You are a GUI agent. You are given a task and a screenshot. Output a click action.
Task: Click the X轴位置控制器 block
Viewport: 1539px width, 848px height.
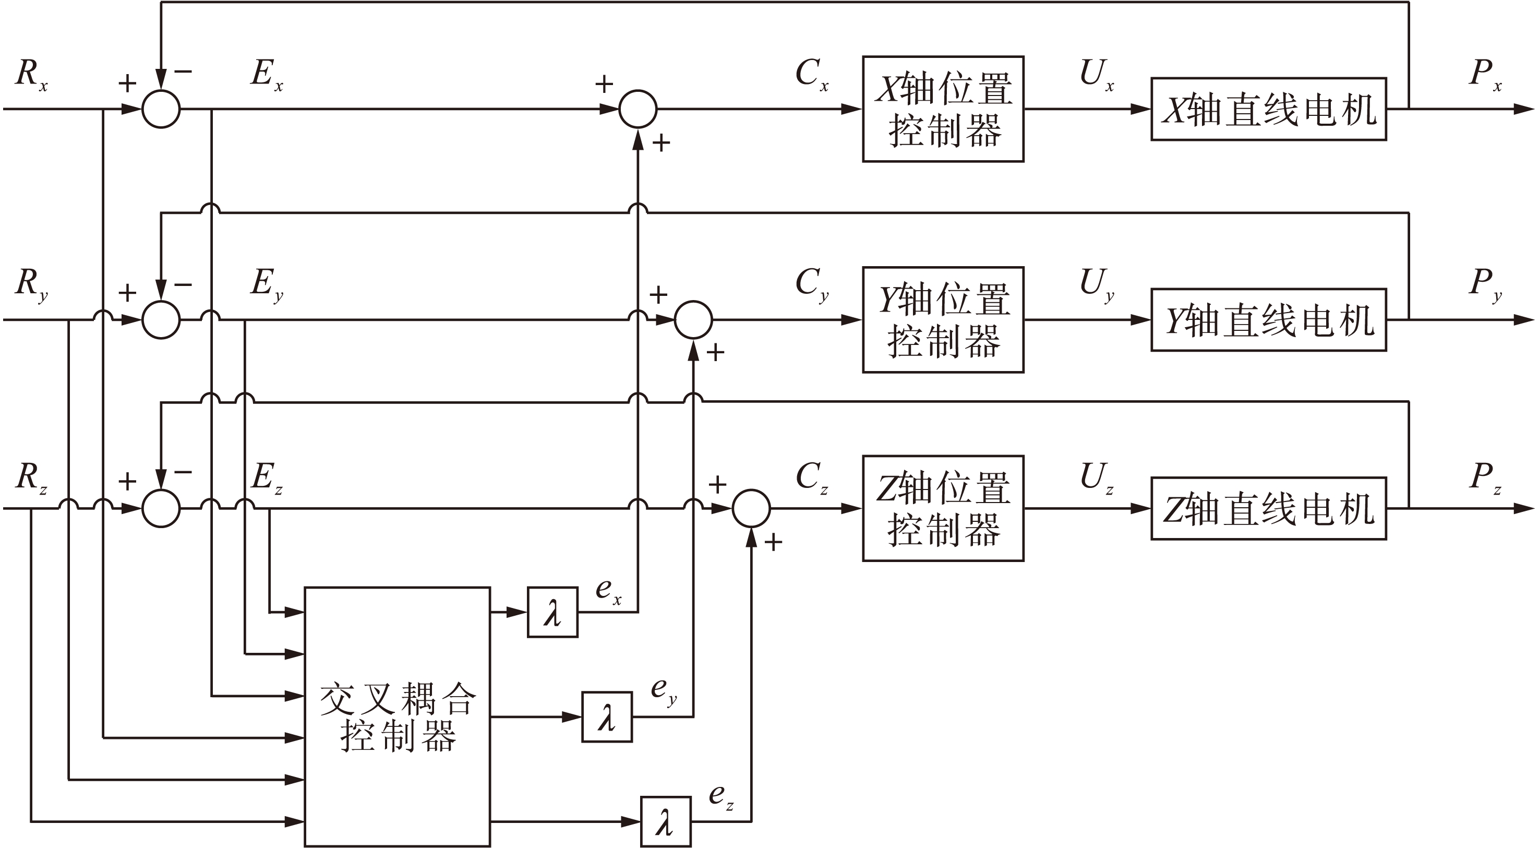click(x=943, y=109)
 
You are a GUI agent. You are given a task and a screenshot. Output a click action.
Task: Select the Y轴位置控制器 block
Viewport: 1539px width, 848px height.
click(x=943, y=320)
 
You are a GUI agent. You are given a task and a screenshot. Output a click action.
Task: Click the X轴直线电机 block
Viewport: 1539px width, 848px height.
click(x=1268, y=109)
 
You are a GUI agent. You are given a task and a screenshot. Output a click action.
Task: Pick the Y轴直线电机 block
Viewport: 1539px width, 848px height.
click(x=1268, y=320)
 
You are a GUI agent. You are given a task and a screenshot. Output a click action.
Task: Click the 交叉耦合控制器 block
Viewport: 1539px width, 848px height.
click(x=398, y=716)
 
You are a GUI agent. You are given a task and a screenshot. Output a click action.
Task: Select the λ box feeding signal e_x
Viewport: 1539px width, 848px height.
click(x=552, y=612)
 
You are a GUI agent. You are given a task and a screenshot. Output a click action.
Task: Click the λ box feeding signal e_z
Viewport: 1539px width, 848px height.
click(x=666, y=821)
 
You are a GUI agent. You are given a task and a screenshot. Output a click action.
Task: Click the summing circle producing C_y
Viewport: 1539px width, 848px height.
click(x=693, y=320)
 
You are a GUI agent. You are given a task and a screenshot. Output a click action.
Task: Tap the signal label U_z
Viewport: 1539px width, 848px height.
click(x=1096, y=478)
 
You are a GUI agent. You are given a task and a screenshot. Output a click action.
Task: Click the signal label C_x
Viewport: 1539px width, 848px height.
click(x=811, y=75)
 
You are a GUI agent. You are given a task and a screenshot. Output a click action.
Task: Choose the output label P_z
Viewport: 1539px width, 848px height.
click(x=1485, y=478)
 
